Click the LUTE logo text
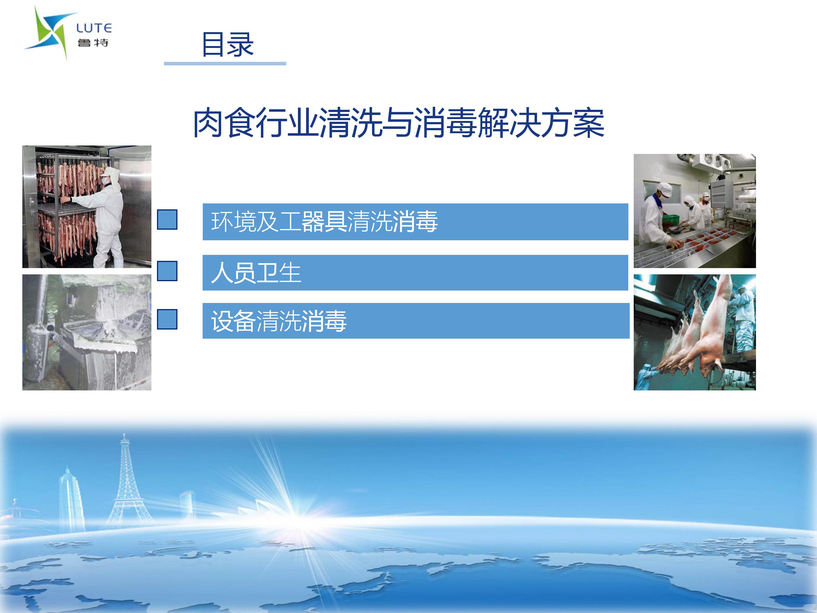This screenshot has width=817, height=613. pyautogui.click(x=94, y=28)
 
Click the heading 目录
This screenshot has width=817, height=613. pyautogui.click(x=227, y=44)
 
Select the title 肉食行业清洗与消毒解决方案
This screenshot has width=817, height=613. pyautogui.click(x=398, y=123)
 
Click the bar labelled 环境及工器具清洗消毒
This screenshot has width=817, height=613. pyautogui.click(x=415, y=222)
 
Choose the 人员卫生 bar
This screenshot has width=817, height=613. pyautogui.click(x=415, y=273)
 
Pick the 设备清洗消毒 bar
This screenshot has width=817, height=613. pyautogui.click(x=416, y=321)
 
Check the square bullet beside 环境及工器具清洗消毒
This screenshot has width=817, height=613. pyautogui.click(x=167, y=220)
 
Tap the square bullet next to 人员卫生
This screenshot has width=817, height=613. pyautogui.click(x=167, y=271)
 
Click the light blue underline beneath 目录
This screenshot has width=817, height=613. pyautogui.click(x=225, y=63)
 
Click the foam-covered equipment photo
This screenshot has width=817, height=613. pyautogui.click(x=87, y=332)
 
